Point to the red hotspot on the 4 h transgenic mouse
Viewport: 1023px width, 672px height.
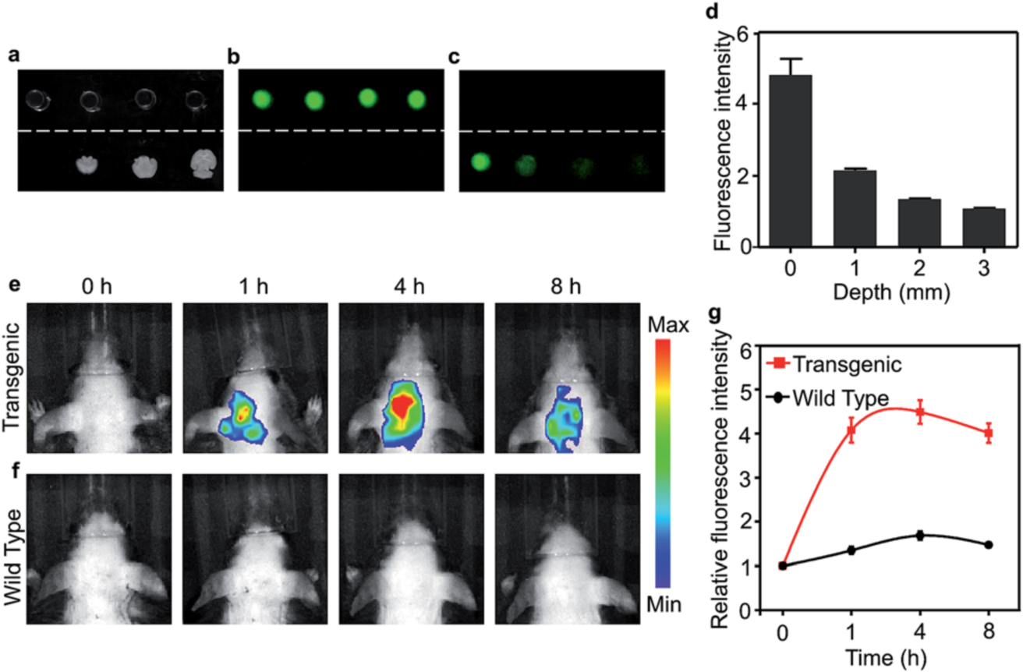pos(402,405)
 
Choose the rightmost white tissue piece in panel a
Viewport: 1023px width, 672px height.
pos(205,163)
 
